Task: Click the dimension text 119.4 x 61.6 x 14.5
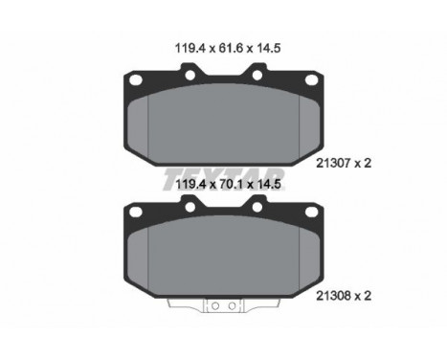click(228, 48)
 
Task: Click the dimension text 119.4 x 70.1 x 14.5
click(228, 184)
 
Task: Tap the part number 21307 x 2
click(344, 164)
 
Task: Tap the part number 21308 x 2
click(344, 296)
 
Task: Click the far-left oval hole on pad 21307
click(136, 79)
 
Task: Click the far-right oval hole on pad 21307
click(312, 79)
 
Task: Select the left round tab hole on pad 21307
click(190, 76)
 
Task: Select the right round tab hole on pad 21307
click(257, 76)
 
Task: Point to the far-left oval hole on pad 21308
click(136, 212)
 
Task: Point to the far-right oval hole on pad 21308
click(312, 212)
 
